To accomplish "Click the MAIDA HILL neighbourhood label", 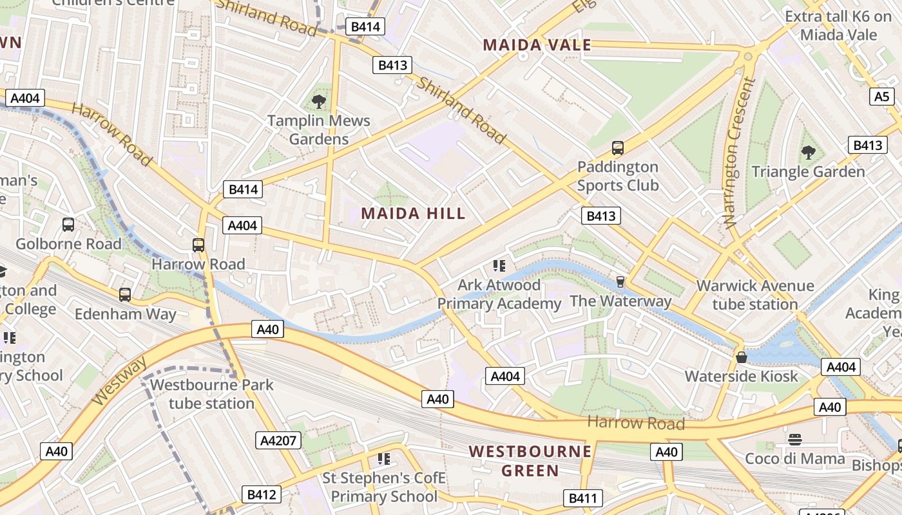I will coord(413,214).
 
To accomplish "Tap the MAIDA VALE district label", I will coord(537,45).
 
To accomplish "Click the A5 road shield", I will coord(882,97).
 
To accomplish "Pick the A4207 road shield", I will coord(278,440).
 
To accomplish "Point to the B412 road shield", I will coord(262,494).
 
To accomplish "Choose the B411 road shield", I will coord(583,498).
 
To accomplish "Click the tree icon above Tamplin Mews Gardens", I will coord(318,101).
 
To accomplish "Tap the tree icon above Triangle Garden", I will coord(808,153).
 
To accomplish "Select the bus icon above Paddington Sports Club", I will coord(617,148).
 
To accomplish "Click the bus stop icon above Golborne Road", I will coord(68,225).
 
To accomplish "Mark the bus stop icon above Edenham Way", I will coord(125,295).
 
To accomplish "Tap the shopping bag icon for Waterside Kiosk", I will coord(742,357).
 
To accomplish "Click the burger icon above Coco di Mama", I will coord(794,440).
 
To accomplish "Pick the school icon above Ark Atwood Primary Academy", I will coord(499,265).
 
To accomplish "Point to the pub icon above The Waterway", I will coord(620,282).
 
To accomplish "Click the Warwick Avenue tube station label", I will coord(755,295).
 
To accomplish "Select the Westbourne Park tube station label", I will coord(211,394).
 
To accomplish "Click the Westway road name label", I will coord(119,382).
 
